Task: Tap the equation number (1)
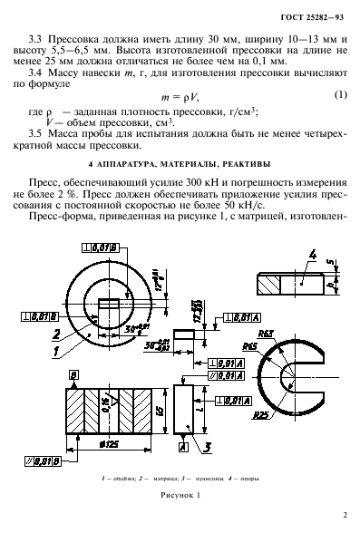click(x=340, y=96)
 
